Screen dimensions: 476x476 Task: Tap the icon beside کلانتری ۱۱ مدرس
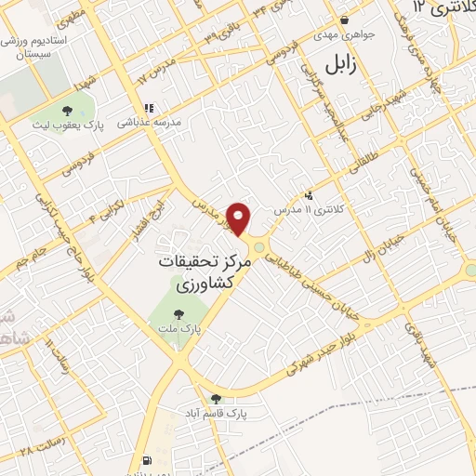tap(309, 195)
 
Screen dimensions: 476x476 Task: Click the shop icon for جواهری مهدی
tap(345, 20)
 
